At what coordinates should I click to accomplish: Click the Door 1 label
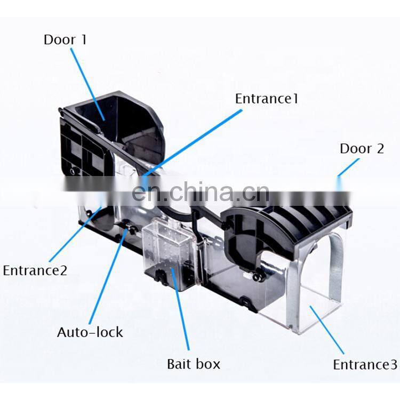click(x=65, y=40)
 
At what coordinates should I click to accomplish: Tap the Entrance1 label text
click(x=267, y=99)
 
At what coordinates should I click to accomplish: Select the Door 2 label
click(x=362, y=148)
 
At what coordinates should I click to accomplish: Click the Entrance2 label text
click(x=35, y=270)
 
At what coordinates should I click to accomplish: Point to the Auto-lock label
click(x=90, y=332)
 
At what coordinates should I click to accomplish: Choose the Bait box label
click(x=194, y=364)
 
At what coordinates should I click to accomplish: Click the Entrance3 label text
click(x=365, y=365)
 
